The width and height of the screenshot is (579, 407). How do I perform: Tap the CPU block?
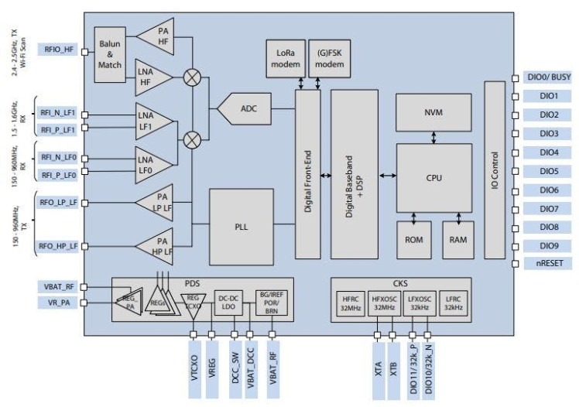coord(433,177)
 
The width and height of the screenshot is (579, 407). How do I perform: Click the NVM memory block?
coord(433,112)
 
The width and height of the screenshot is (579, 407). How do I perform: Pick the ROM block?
coord(413,240)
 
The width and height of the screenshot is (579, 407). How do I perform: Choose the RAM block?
coord(457,240)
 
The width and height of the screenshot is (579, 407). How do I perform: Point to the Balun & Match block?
coord(109,50)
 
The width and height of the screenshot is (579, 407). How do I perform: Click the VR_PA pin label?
coord(59,303)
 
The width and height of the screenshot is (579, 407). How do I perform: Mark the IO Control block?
coord(494,170)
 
